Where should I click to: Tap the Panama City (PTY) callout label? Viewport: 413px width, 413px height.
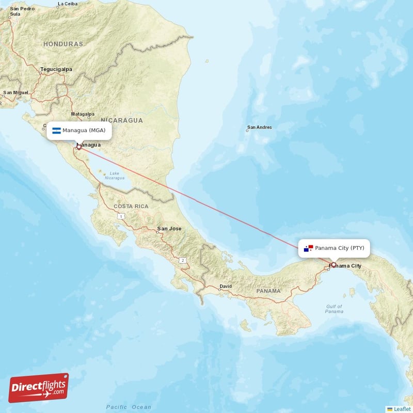334,248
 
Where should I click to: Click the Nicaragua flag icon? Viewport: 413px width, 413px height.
56,130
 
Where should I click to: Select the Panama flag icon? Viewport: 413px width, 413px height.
309,248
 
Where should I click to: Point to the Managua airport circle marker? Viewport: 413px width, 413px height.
78,147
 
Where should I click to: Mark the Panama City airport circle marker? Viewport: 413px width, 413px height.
333,265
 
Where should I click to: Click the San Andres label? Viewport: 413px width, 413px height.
259,128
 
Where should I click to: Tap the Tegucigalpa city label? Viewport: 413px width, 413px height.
56,69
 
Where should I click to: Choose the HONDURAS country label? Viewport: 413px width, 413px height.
63,44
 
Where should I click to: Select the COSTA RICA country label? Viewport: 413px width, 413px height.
131,206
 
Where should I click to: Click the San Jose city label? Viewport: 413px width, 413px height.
169,229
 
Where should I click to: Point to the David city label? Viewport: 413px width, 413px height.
226,286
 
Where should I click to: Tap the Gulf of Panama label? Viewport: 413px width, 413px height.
334,309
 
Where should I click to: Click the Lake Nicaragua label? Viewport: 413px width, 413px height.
114,176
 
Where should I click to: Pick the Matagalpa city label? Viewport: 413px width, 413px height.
83,114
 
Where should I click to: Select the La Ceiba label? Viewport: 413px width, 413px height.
68,4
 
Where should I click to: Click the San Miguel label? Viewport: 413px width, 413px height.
16,93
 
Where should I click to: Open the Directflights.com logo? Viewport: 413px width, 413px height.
39,388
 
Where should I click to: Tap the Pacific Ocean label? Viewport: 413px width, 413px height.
129,407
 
